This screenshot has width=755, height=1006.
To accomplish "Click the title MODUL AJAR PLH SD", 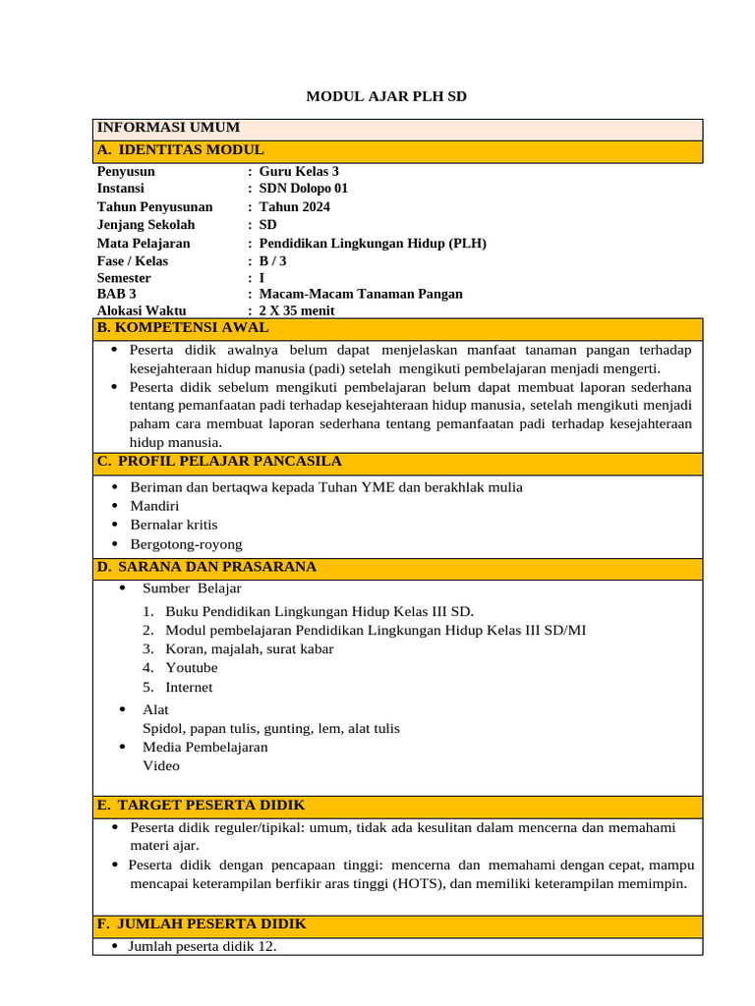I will [386, 96].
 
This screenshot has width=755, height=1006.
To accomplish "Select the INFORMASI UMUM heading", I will [168, 129].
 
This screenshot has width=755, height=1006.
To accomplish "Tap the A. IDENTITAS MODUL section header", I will [180, 150].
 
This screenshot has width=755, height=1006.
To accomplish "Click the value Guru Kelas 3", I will [299, 171].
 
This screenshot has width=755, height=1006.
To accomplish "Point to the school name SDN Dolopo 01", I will [303, 189].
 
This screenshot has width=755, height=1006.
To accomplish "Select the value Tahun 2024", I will [294, 206].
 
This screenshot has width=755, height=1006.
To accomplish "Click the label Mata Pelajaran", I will [144, 243].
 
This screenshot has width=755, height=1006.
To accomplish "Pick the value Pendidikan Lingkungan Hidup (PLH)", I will [373, 243].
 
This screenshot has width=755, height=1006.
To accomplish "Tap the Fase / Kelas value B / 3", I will [272, 261].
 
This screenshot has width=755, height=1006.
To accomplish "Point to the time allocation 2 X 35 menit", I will [296, 311].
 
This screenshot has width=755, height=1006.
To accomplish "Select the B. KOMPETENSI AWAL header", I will [182, 328].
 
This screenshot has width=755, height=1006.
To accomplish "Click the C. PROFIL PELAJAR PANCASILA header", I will [219, 462].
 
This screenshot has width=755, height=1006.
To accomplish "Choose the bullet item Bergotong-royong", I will [186, 544].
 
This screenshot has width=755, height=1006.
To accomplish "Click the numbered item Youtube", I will [191, 668].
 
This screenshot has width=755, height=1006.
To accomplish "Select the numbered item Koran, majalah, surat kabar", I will [249, 648].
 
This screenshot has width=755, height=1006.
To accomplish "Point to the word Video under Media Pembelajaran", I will [161, 765].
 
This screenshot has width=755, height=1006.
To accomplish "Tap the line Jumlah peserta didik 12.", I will [203, 947].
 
